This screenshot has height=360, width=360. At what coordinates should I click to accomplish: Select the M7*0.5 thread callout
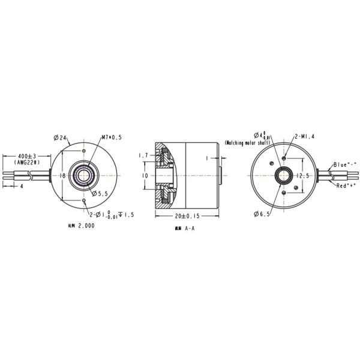tap(112, 137)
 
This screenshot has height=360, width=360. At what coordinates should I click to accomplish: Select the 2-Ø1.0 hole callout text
tap(108, 214)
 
